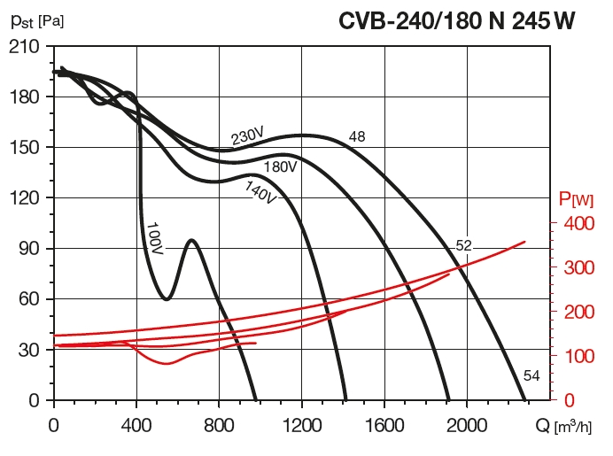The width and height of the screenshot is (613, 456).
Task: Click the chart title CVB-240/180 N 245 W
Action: pyautogui.click(x=457, y=20)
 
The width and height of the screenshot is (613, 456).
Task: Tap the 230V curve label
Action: pyautogui.click(x=247, y=136)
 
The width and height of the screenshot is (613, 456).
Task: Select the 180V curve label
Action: pyautogui.click(x=279, y=166)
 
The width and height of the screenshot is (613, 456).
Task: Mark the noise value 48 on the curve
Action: pyautogui.click(x=357, y=137)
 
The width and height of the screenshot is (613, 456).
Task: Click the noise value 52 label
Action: pyautogui.click(x=464, y=245)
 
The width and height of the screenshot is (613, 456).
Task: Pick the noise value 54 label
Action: pyautogui.click(x=532, y=376)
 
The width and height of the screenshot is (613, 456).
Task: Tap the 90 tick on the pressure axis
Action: pyautogui.click(x=28, y=249)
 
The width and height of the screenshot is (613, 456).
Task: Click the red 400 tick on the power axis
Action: pyautogui.click(x=578, y=224)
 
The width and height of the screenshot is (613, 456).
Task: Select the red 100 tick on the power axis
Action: pyautogui.click(x=578, y=356)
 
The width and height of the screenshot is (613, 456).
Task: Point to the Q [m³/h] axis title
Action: pyautogui.click(x=563, y=427)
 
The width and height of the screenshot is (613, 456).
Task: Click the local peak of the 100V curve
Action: pyautogui.click(x=191, y=240)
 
